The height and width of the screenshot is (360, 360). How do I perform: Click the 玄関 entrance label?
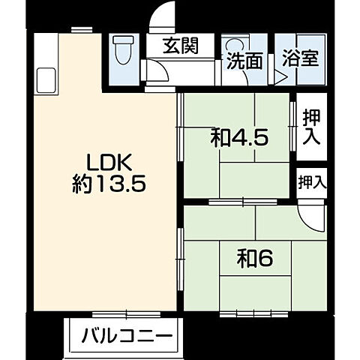pyautogui.click(x=183, y=46)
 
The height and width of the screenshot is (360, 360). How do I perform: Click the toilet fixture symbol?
pyautogui.click(x=121, y=50)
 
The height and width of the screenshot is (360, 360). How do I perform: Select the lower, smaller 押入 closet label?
pyautogui.click(x=312, y=181)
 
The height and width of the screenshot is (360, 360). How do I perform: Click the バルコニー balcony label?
pyautogui.click(x=127, y=334)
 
